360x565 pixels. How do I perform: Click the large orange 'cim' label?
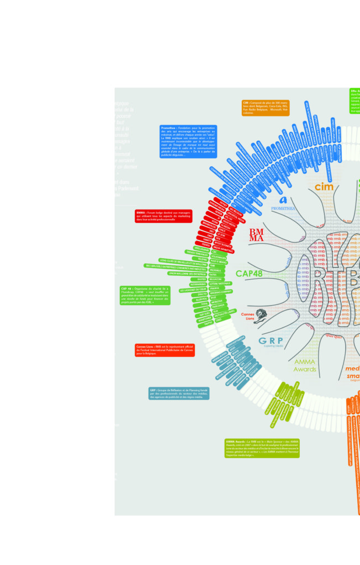point(325,186)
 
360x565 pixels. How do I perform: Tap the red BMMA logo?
point(256,234)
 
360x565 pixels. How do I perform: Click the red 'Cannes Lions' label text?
point(250,316)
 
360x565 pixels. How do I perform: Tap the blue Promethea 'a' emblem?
point(284,199)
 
